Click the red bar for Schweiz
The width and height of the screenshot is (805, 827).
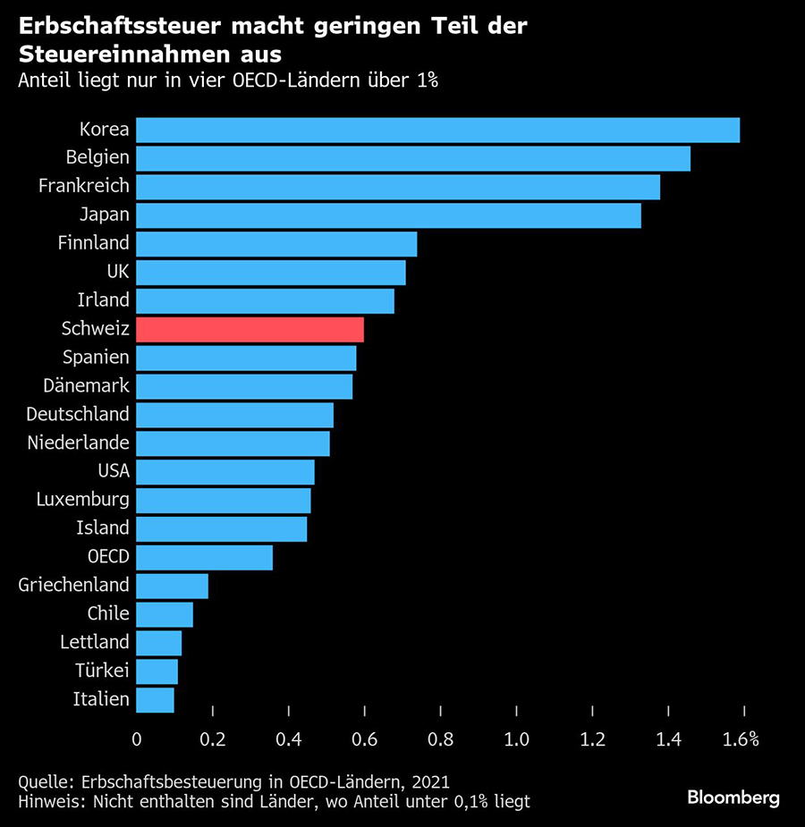[250, 329]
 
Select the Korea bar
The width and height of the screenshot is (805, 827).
[438, 130]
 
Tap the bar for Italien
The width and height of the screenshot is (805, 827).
[156, 699]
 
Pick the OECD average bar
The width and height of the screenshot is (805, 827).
[205, 557]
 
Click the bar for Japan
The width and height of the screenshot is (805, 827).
[389, 215]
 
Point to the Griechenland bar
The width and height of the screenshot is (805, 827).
[173, 586]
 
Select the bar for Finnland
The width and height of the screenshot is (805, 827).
[277, 243]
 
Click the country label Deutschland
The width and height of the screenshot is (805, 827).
[78, 414]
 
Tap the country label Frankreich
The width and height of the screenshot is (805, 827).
[84, 186]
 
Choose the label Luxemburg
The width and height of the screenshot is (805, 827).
[83, 499]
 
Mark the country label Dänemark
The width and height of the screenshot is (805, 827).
[87, 385]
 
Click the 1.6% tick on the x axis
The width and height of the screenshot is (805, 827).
[741, 739]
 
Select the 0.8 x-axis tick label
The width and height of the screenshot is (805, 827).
[440, 739]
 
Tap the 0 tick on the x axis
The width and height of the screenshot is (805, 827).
[137, 739]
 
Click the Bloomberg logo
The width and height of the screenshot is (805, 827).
[733, 797]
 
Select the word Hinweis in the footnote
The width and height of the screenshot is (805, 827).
[47, 801]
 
